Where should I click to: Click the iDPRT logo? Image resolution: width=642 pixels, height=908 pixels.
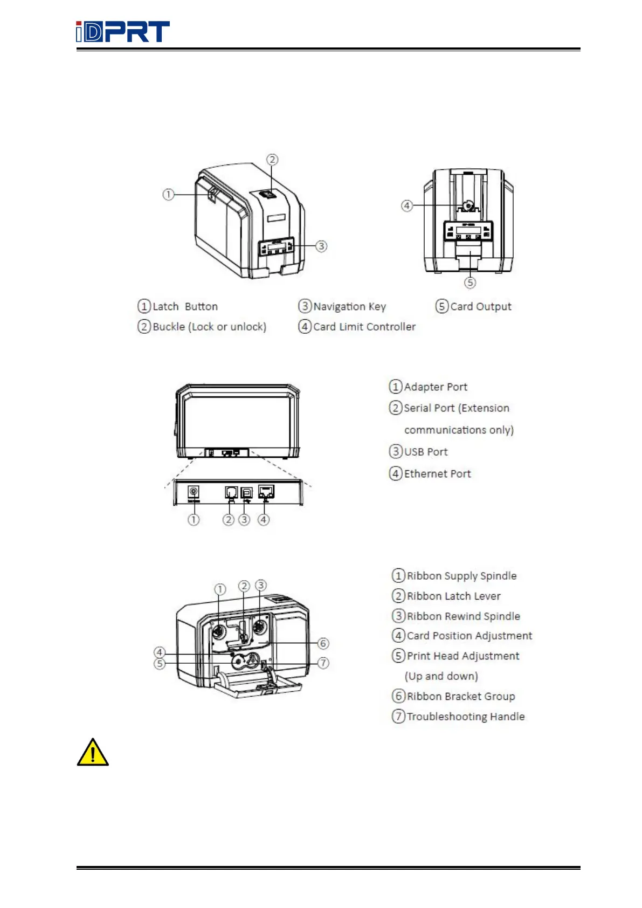click(123, 32)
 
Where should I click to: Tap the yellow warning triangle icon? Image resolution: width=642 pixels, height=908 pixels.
click(93, 753)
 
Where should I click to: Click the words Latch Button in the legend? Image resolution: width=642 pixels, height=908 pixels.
click(185, 306)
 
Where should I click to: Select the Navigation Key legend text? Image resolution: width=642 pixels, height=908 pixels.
click(349, 306)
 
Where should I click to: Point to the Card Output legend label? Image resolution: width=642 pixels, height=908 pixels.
click(480, 306)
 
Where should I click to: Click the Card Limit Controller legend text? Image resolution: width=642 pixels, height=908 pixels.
click(364, 327)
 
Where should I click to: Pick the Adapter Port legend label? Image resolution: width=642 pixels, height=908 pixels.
click(436, 387)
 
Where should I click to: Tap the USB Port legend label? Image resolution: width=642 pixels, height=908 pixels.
click(426, 452)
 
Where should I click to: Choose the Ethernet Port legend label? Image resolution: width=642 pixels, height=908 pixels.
click(437, 473)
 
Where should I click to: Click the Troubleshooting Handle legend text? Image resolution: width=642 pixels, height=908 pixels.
click(465, 717)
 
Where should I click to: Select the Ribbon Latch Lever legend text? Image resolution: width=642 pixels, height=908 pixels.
click(453, 596)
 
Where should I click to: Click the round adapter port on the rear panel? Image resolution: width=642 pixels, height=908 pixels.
click(193, 492)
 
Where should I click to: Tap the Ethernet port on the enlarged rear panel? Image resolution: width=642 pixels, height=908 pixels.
click(266, 491)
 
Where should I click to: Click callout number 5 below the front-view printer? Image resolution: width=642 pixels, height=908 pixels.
click(470, 283)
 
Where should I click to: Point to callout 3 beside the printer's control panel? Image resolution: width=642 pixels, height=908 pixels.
click(321, 246)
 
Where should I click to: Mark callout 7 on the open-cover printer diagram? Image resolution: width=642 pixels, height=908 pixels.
click(323, 663)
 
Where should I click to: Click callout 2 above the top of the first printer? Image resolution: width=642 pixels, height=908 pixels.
click(272, 160)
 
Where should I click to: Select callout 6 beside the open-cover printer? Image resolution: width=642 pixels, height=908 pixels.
click(323, 643)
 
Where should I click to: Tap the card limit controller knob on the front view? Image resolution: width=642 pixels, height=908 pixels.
click(468, 205)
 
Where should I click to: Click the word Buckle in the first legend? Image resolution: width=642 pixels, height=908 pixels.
click(169, 327)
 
